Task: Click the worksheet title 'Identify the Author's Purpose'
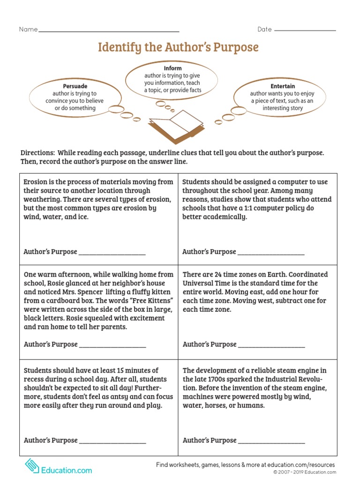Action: (x=178, y=47)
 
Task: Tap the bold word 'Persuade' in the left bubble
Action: (x=75, y=86)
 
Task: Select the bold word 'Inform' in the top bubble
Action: (x=172, y=68)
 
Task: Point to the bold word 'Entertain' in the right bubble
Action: (x=283, y=86)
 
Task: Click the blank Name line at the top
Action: (x=108, y=31)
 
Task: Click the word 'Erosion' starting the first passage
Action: (x=35, y=182)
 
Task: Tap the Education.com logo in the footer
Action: (x=58, y=469)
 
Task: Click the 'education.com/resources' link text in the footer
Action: (x=297, y=465)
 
